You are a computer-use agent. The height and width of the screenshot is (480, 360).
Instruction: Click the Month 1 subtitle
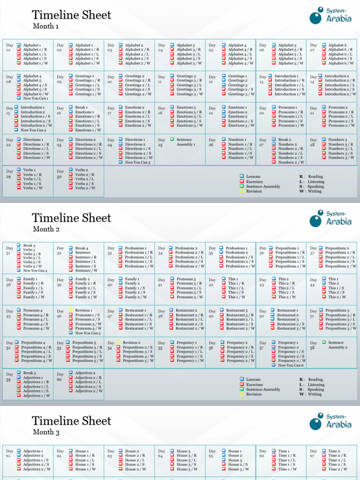click(45, 26)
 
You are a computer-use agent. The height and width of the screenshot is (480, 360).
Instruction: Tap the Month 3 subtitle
click(46, 432)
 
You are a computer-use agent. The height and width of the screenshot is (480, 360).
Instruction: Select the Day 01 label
click(8, 47)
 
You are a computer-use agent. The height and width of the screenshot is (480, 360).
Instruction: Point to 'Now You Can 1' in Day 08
click(35, 98)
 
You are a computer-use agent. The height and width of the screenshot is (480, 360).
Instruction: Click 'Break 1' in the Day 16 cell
click(81, 107)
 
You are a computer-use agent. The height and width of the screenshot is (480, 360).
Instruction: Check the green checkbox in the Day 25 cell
click(172, 139)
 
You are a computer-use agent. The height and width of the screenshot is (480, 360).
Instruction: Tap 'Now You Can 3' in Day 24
click(137, 162)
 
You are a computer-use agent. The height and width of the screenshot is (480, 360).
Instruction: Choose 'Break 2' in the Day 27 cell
click(284, 140)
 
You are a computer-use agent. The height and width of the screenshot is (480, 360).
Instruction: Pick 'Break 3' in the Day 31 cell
click(29, 245)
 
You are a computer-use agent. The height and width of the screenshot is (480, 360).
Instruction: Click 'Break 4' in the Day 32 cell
click(82, 248)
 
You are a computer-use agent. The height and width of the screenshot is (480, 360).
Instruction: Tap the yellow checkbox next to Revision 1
click(70, 310)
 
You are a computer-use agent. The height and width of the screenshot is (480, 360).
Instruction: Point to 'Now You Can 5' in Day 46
click(88, 333)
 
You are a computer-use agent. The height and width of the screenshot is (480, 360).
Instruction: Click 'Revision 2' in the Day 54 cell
click(131, 343)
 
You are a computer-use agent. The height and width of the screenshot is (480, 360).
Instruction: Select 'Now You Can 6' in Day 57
click(291, 365)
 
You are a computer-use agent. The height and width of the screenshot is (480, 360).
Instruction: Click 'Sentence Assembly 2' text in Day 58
click(337, 345)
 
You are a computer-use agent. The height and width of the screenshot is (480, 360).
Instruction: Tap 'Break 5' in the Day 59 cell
click(29, 373)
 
